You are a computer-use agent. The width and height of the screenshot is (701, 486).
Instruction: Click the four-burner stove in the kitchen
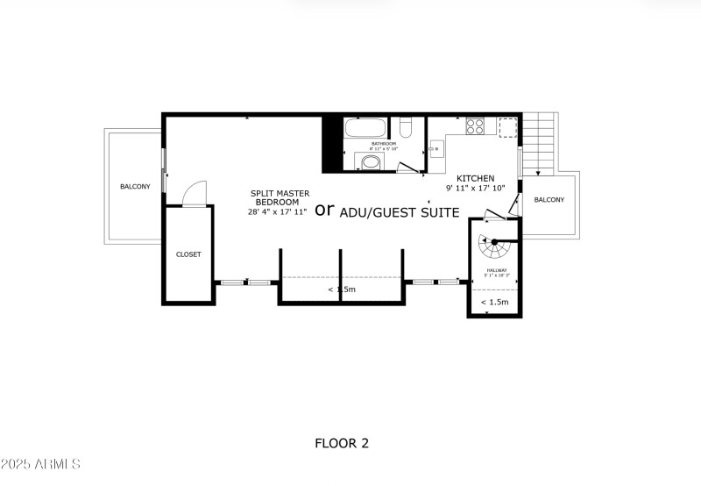pyautogui.click(x=474, y=125)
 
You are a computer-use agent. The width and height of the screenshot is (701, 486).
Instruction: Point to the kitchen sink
pyautogui.click(x=436, y=150)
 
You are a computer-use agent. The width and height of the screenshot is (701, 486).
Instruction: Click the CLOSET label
pyautogui.click(x=188, y=254)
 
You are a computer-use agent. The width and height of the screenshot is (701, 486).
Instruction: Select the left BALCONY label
pyautogui.click(x=135, y=186)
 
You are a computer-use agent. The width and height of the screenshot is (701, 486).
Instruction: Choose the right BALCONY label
pyautogui.click(x=549, y=200)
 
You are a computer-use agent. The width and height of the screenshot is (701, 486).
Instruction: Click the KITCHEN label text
pyautogui.click(x=476, y=177)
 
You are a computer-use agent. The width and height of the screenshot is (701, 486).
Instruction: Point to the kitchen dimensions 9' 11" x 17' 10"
pyautogui.click(x=476, y=188)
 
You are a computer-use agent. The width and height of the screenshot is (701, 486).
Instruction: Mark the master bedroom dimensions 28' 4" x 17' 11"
pyautogui.click(x=278, y=211)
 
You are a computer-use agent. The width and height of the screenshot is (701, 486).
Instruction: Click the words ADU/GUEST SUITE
pyautogui.click(x=399, y=212)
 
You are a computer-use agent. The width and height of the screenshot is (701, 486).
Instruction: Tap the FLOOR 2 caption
pyautogui.click(x=342, y=443)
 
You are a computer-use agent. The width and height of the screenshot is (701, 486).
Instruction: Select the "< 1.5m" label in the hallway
pyautogui.click(x=495, y=302)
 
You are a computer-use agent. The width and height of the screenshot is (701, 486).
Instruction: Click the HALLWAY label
pyautogui.click(x=497, y=270)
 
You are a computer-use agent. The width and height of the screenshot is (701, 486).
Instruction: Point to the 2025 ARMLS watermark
pyautogui.click(x=41, y=463)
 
